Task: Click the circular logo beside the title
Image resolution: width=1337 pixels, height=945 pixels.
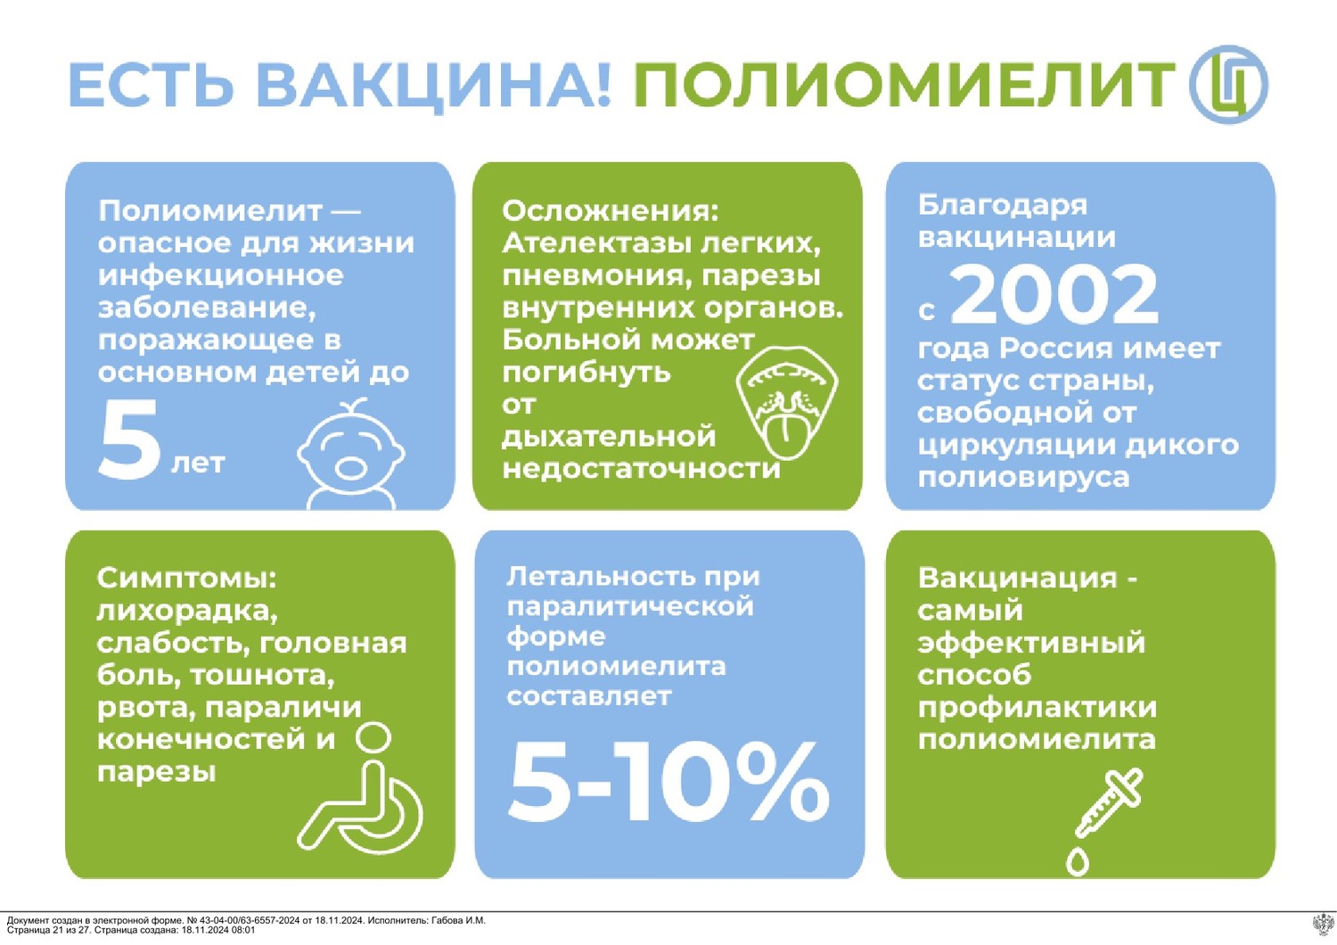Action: coord(1228,85)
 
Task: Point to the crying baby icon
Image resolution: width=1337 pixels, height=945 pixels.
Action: coord(351,455)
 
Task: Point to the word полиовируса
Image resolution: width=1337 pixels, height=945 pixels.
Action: coord(1023,478)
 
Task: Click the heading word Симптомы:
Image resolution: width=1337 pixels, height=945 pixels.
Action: coord(187,579)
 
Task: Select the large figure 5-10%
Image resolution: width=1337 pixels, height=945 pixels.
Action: coord(668,782)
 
